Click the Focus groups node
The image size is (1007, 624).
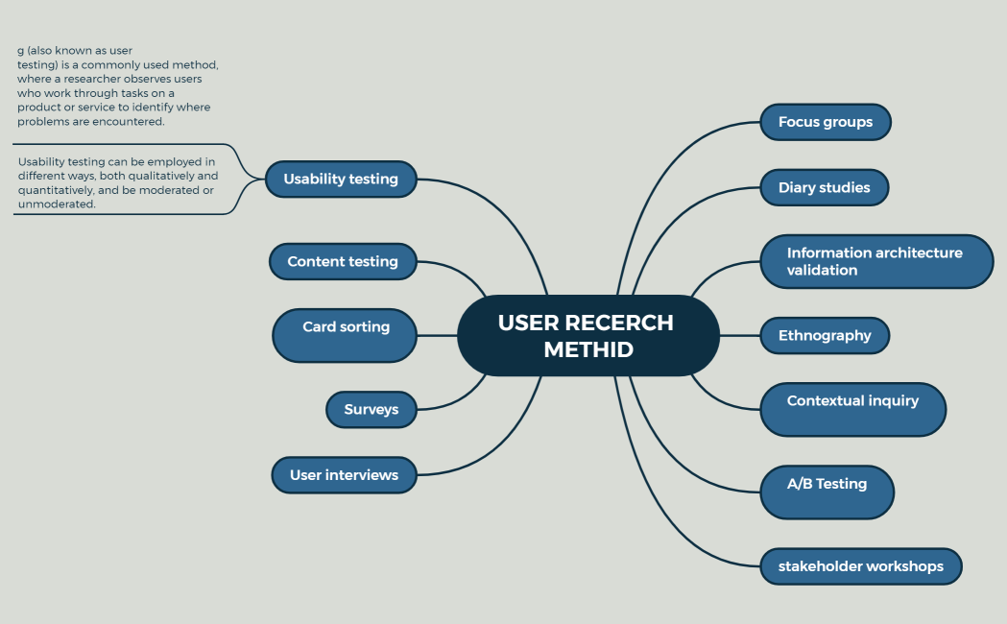coord(826,122)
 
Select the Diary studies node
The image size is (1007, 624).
coord(824,187)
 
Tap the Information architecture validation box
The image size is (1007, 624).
coord(875,261)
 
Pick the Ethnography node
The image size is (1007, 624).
coord(825,335)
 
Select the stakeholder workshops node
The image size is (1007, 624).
coord(860,566)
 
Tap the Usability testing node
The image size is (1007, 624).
coord(340,179)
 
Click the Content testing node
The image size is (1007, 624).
coord(342,261)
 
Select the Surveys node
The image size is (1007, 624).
coord(371,409)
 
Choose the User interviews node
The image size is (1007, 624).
coord(344,474)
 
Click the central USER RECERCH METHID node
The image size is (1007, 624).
coord(587,335)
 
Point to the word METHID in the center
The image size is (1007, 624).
coord(587,349)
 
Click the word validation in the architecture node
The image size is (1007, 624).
coord(822,270)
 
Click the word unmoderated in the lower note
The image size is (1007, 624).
coord(57,204)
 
